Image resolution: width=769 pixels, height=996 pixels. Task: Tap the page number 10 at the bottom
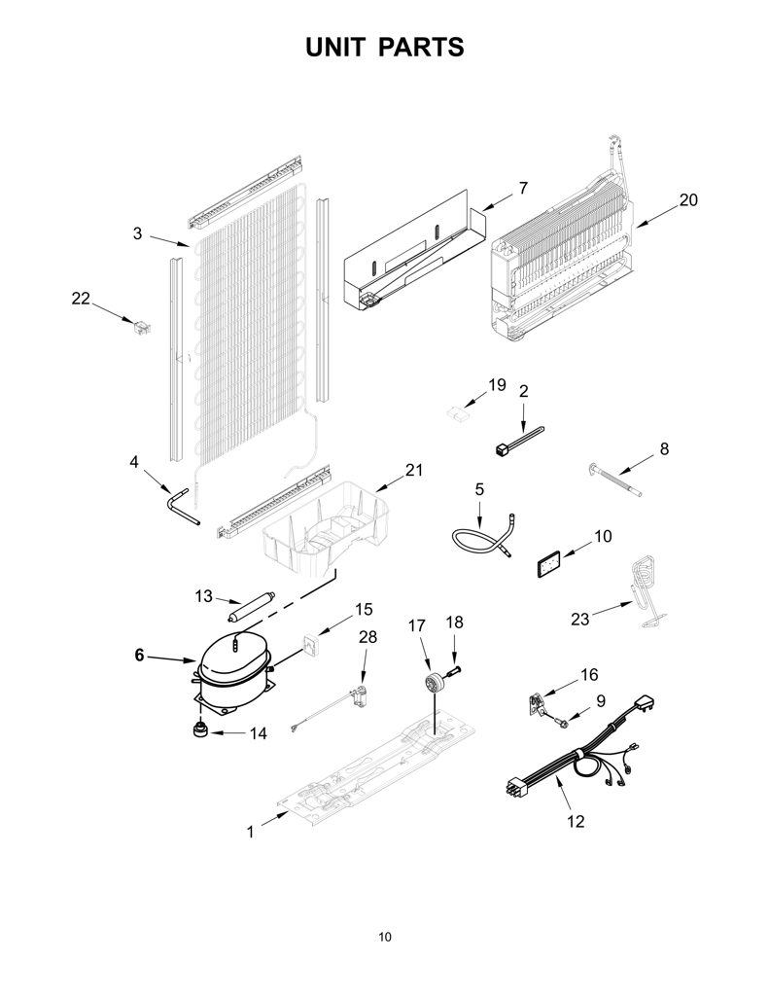(x=385, y=937)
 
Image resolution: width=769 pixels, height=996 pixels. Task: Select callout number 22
(x=81, y=298)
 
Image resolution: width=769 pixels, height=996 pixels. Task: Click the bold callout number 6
(x=139, y=655)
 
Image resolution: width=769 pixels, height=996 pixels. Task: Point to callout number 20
(x=688, y=199)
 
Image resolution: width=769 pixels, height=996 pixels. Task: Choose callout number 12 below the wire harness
(x=576, y=821)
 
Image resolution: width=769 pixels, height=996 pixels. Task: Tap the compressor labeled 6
(x=233, y=677)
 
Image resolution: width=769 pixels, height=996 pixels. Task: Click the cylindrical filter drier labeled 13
(x=250, y=607)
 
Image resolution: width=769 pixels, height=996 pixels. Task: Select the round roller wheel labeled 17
(x=434, y=684)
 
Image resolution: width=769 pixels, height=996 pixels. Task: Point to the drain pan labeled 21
(x=325, y=531)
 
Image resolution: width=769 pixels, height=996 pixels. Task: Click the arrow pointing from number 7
(x=498, y=201)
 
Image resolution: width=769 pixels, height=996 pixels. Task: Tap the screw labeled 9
(x=560, y=723)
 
